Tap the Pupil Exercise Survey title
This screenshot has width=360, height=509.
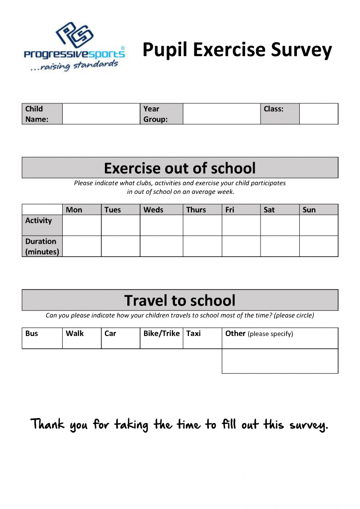click(x=237, y=50)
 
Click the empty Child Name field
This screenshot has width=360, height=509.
click(x=101, y=114)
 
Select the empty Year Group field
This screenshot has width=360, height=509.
click(x=221, y=114)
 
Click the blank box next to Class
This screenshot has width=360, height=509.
click(x=318, y=114)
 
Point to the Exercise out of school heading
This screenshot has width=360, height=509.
click(x=180, y=168)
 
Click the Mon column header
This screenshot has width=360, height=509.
click(x=74, y=210)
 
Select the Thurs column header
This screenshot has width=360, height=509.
click(x=196, y=210)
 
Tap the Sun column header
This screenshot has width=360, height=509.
click(x=309, y=210)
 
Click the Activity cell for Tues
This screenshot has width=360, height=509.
click(x=120, y=225)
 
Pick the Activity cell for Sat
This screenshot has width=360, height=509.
click(x=279, y=225)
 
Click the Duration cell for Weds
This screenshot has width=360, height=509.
click(x=161, y=246)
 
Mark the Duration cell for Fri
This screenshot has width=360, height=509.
click(x=241, y=246)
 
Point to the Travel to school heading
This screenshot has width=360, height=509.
click(x=180, y=300)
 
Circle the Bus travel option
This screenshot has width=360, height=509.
click(x=32, y=334)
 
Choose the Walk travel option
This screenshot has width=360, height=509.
click(x=75, y=334)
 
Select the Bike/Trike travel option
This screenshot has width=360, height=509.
click(x=161, y=334)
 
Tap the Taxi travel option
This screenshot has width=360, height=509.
click(x=193, y=334)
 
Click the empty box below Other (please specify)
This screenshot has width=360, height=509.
click(x=279, y=361)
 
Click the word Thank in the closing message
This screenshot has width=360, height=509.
click(x=48, y=424)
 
